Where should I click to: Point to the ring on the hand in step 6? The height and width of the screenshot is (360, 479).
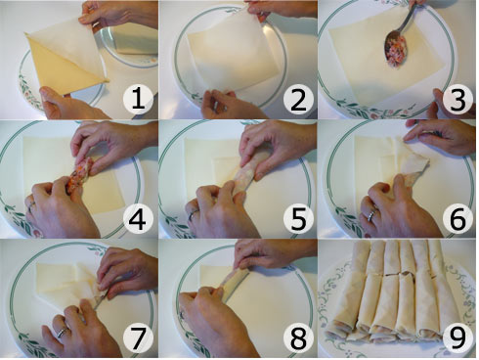[370, 212]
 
